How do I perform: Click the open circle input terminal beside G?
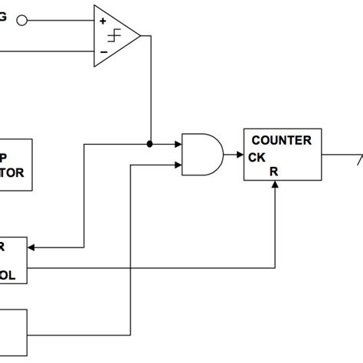[21, 21]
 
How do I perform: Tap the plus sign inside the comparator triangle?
[103, 21]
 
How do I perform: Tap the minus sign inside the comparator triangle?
[103, 51]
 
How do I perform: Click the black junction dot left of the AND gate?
[150, 143]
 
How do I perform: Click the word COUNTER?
[281, 140]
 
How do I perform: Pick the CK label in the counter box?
[257, 158]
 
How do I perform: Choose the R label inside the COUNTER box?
[274, 172]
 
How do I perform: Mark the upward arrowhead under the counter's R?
[274, 186]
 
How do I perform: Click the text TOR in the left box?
[13, 172]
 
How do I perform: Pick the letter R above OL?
[4, 246]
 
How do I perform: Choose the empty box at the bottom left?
[13, 333]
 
